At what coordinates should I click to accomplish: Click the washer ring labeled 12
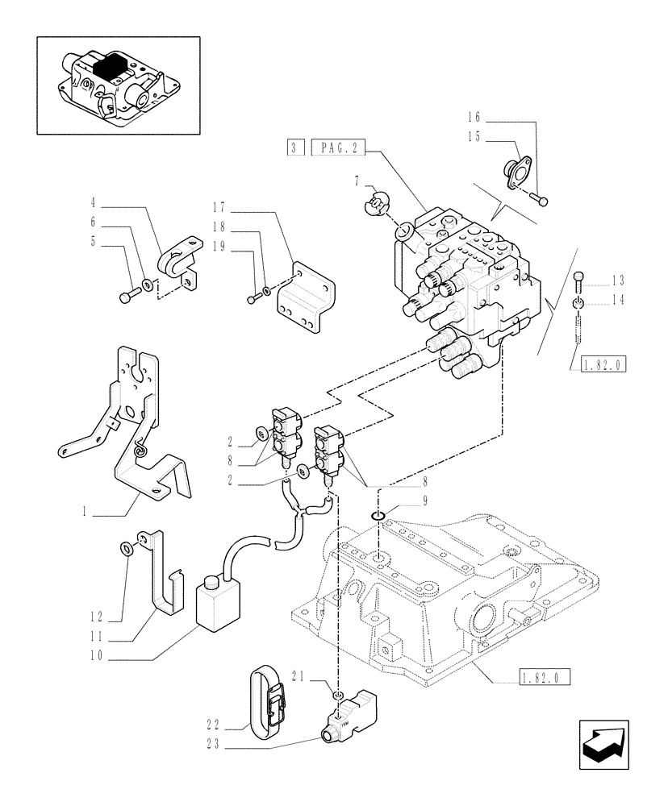127,549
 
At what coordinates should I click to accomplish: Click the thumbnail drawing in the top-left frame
118,85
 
